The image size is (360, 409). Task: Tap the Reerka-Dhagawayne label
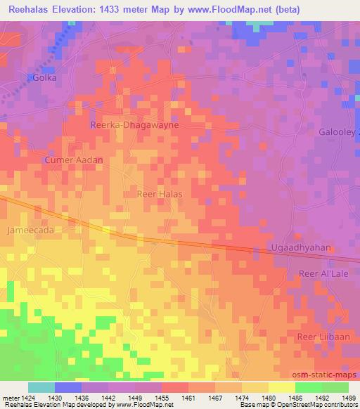(x=135, y=124)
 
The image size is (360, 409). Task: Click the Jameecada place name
(x=30, y=230)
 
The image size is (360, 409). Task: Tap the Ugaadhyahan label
(x=301, y=249)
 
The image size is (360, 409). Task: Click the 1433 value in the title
(x=135, y=9)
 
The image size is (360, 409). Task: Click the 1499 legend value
(x=348, y=398)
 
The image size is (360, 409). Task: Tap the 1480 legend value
(x=268, y=398)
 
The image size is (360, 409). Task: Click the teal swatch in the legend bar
(x=41, y=387)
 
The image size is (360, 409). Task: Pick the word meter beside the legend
(x=10, y=398)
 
